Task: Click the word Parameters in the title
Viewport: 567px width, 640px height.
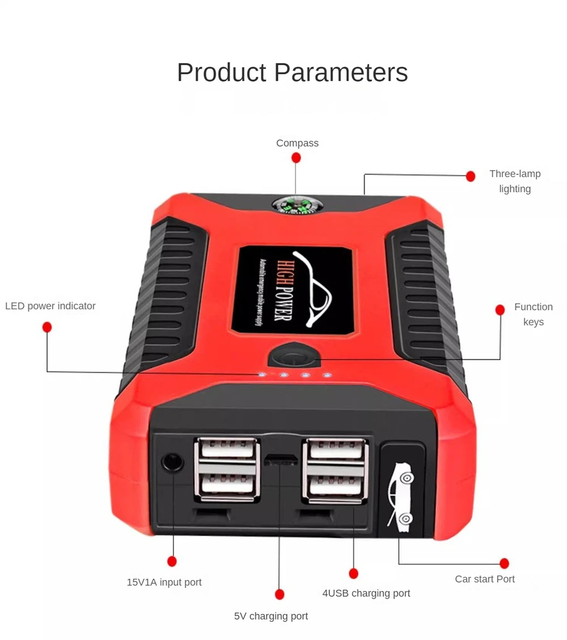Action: pos(341,73)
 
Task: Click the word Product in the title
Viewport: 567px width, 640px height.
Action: pos(222,73)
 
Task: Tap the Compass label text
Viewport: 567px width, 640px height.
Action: pos(297,143)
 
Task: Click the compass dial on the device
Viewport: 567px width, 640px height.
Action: pos(295,205)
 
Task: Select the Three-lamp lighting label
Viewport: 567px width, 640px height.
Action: pos(515,181)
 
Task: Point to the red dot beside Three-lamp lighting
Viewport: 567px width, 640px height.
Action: pos(470,176)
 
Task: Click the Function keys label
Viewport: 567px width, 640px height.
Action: pos(533,314)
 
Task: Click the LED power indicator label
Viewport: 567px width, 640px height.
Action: pos(50,306)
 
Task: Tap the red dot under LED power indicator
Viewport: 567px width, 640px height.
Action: pos(47,327)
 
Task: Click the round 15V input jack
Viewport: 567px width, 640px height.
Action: pos(172,461)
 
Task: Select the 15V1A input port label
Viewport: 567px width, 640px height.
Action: pos(164,582)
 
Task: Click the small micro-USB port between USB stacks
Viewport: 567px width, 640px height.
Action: pos(280,457)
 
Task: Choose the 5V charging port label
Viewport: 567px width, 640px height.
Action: pos(271,616)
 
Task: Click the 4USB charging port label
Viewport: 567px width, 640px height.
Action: pos(366,593)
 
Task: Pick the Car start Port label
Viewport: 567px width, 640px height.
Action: pos(485,579)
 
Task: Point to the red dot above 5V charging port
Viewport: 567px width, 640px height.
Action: pos(279,594)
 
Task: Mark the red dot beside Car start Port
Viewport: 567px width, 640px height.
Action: pos(504,563)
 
